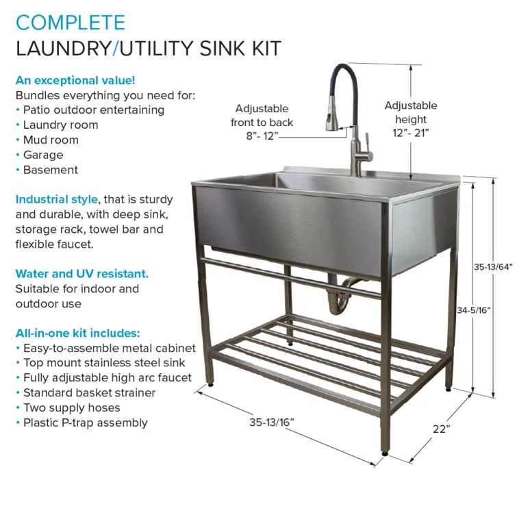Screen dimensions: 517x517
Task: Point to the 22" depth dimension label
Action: tap(441, 429)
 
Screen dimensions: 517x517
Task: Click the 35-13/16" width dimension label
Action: tap(271, 423)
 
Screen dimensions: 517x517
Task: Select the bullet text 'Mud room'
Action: tap(51, 140)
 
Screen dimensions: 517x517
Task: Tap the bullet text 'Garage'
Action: tap(43, 155)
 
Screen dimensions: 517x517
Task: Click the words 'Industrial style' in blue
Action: tap(56, 199)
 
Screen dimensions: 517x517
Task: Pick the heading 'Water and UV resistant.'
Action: tap(82, 274)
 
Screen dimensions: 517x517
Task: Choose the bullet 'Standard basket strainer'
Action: tap(90, 392)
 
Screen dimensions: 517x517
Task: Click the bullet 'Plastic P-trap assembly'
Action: tap(86, 423)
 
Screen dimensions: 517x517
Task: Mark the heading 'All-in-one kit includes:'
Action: tap(78, 333)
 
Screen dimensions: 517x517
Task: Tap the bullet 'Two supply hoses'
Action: tap(72, 407)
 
